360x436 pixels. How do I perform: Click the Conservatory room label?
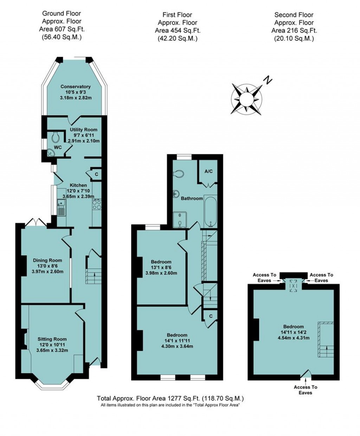[76, 87]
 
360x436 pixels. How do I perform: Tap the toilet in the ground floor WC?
[56, 137]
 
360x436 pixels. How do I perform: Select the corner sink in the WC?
[51, 153]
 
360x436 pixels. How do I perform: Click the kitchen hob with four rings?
[97, 205]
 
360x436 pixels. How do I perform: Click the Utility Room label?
[83, 129]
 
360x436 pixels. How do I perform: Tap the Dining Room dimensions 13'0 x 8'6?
[47, 266]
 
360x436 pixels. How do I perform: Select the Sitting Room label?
[52, 339]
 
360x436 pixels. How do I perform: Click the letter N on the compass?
[268, 80]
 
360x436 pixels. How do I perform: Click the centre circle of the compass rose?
[246, 99]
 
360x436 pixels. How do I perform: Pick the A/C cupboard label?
[208, 171]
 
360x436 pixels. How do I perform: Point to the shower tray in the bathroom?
[180, 220]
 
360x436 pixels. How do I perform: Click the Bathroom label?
[192, 198]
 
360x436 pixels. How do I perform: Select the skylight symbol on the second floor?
[294, 286]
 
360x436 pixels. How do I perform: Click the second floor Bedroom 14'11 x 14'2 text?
[294, 332]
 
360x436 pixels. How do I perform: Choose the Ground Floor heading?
[62, 14]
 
